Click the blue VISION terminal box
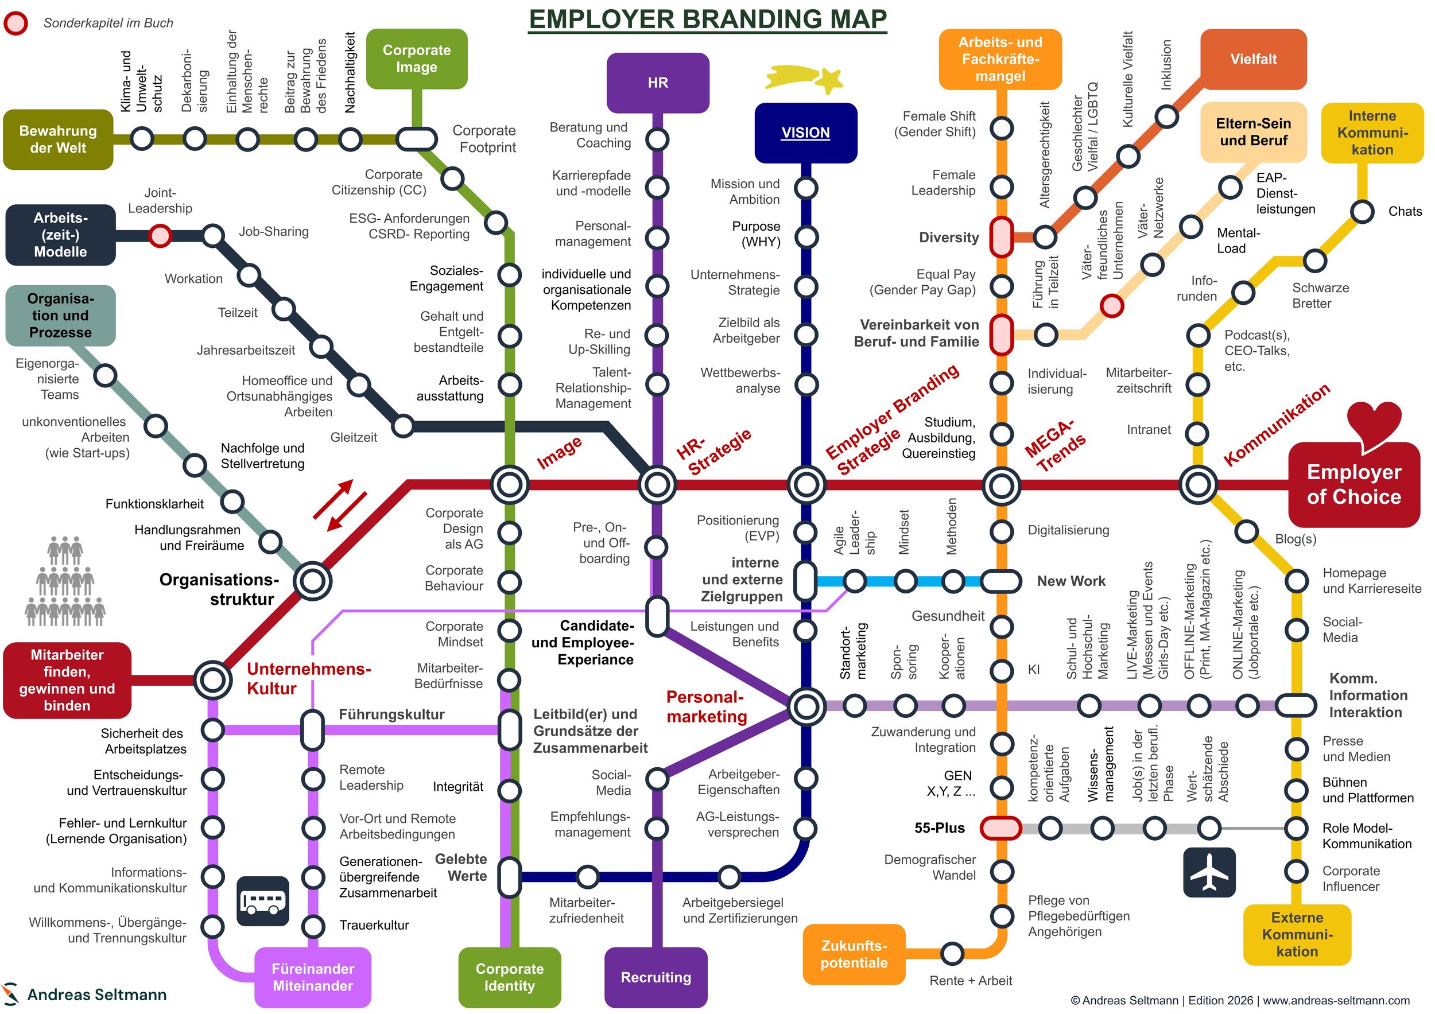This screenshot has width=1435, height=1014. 806,133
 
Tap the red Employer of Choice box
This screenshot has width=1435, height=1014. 1353,484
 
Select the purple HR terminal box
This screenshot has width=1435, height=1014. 657,83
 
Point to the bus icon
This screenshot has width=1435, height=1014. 263,901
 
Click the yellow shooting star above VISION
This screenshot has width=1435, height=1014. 805,79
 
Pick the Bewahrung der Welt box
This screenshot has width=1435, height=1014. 58,139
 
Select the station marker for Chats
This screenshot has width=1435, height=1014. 1362,211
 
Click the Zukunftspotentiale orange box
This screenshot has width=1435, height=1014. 854,954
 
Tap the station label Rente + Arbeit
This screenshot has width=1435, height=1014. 970,980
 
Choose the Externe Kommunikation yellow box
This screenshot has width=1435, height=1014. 1297,935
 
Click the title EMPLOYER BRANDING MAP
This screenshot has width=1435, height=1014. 708,19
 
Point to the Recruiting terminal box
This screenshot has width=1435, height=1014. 656,977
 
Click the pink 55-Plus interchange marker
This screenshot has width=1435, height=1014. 1000,828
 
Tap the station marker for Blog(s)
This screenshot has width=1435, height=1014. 1246,531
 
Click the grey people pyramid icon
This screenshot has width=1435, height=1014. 65,581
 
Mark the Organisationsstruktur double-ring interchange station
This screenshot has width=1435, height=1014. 312,580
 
